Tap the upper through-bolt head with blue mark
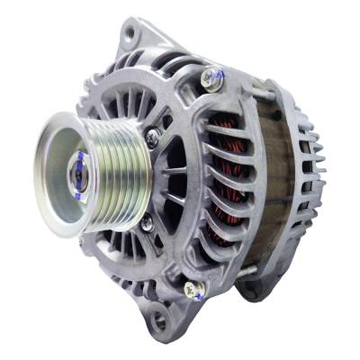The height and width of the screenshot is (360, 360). point(212,78)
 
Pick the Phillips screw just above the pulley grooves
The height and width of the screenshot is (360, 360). point(153,136)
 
